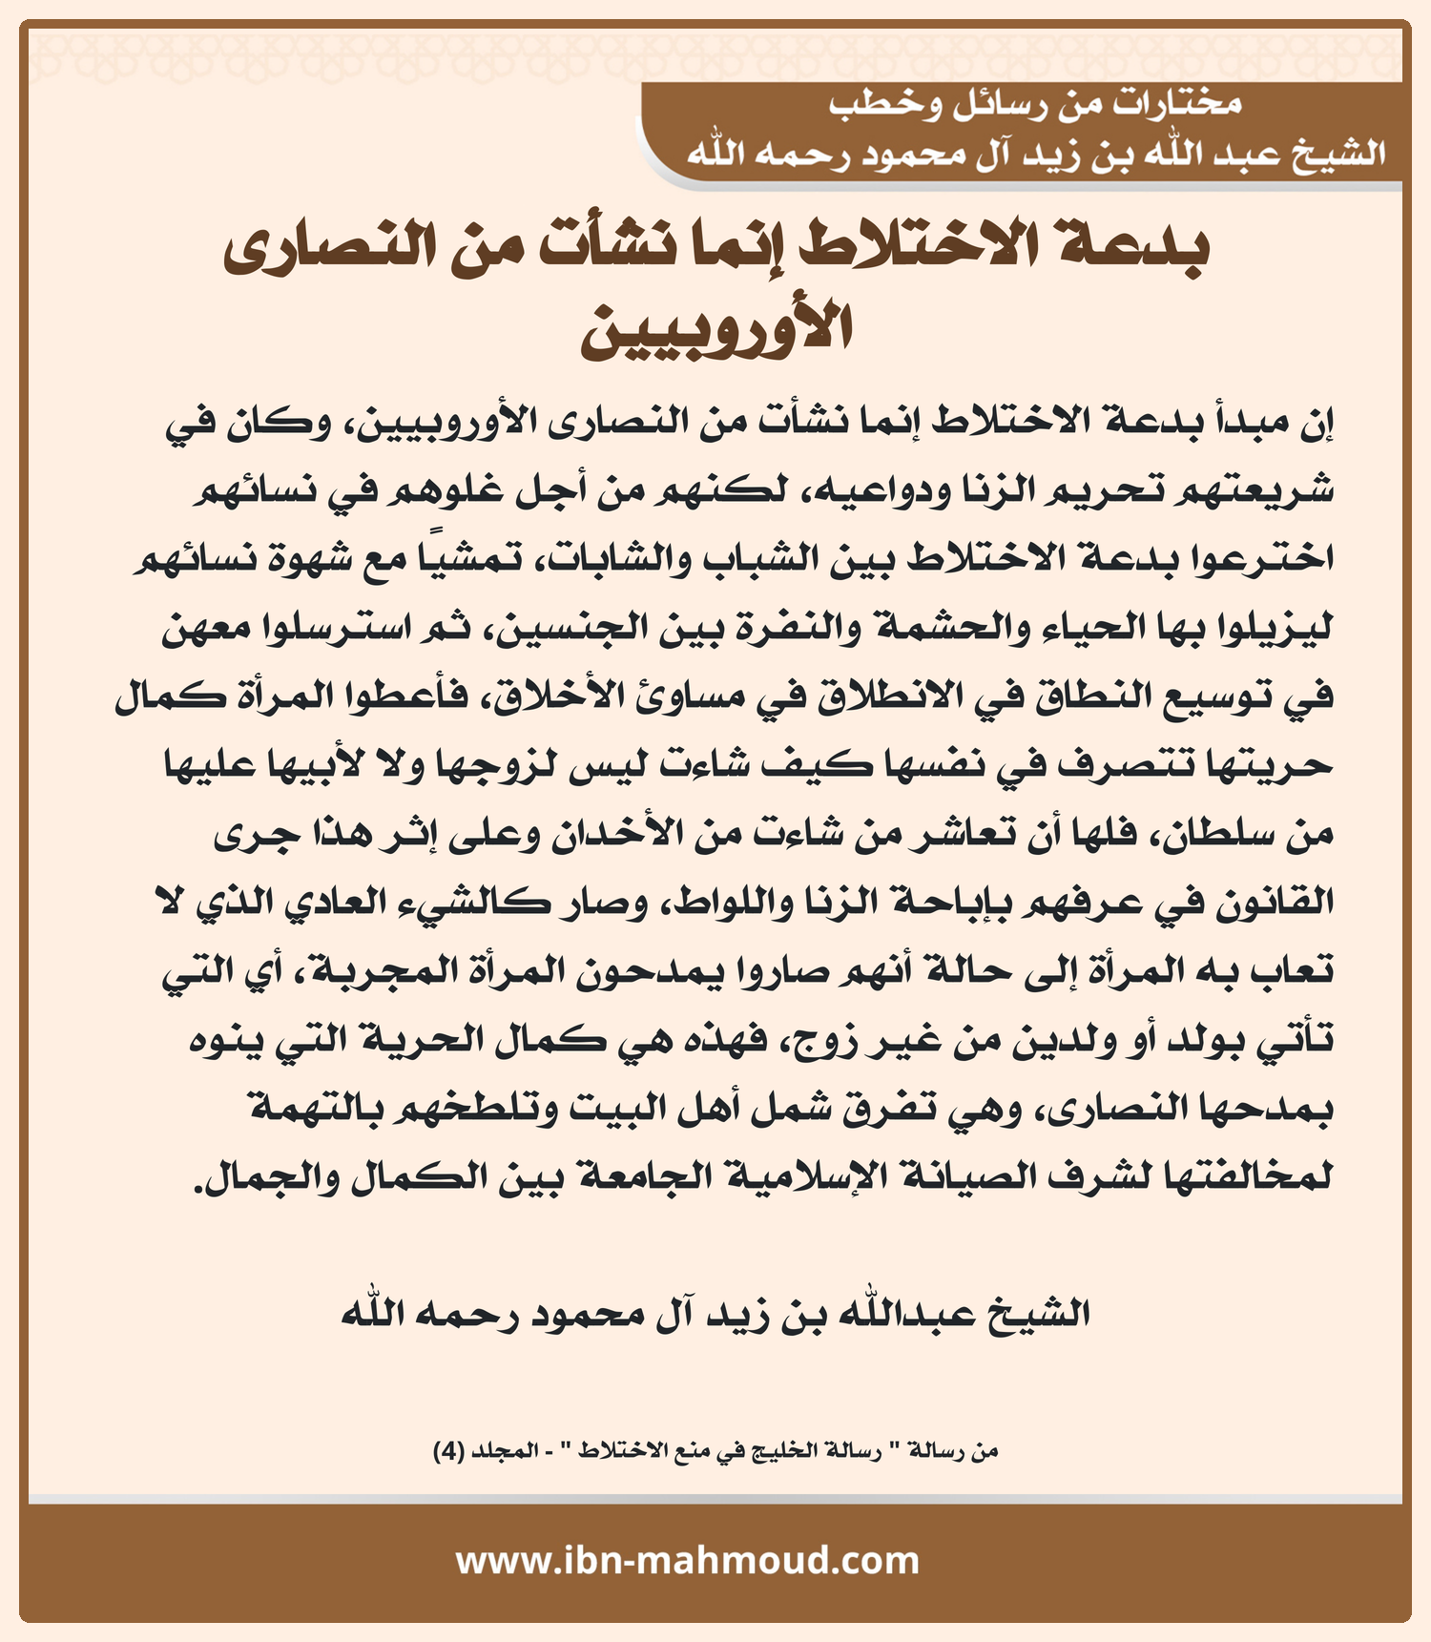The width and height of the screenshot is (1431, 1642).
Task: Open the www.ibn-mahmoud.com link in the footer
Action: click(x=688, y=1561)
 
